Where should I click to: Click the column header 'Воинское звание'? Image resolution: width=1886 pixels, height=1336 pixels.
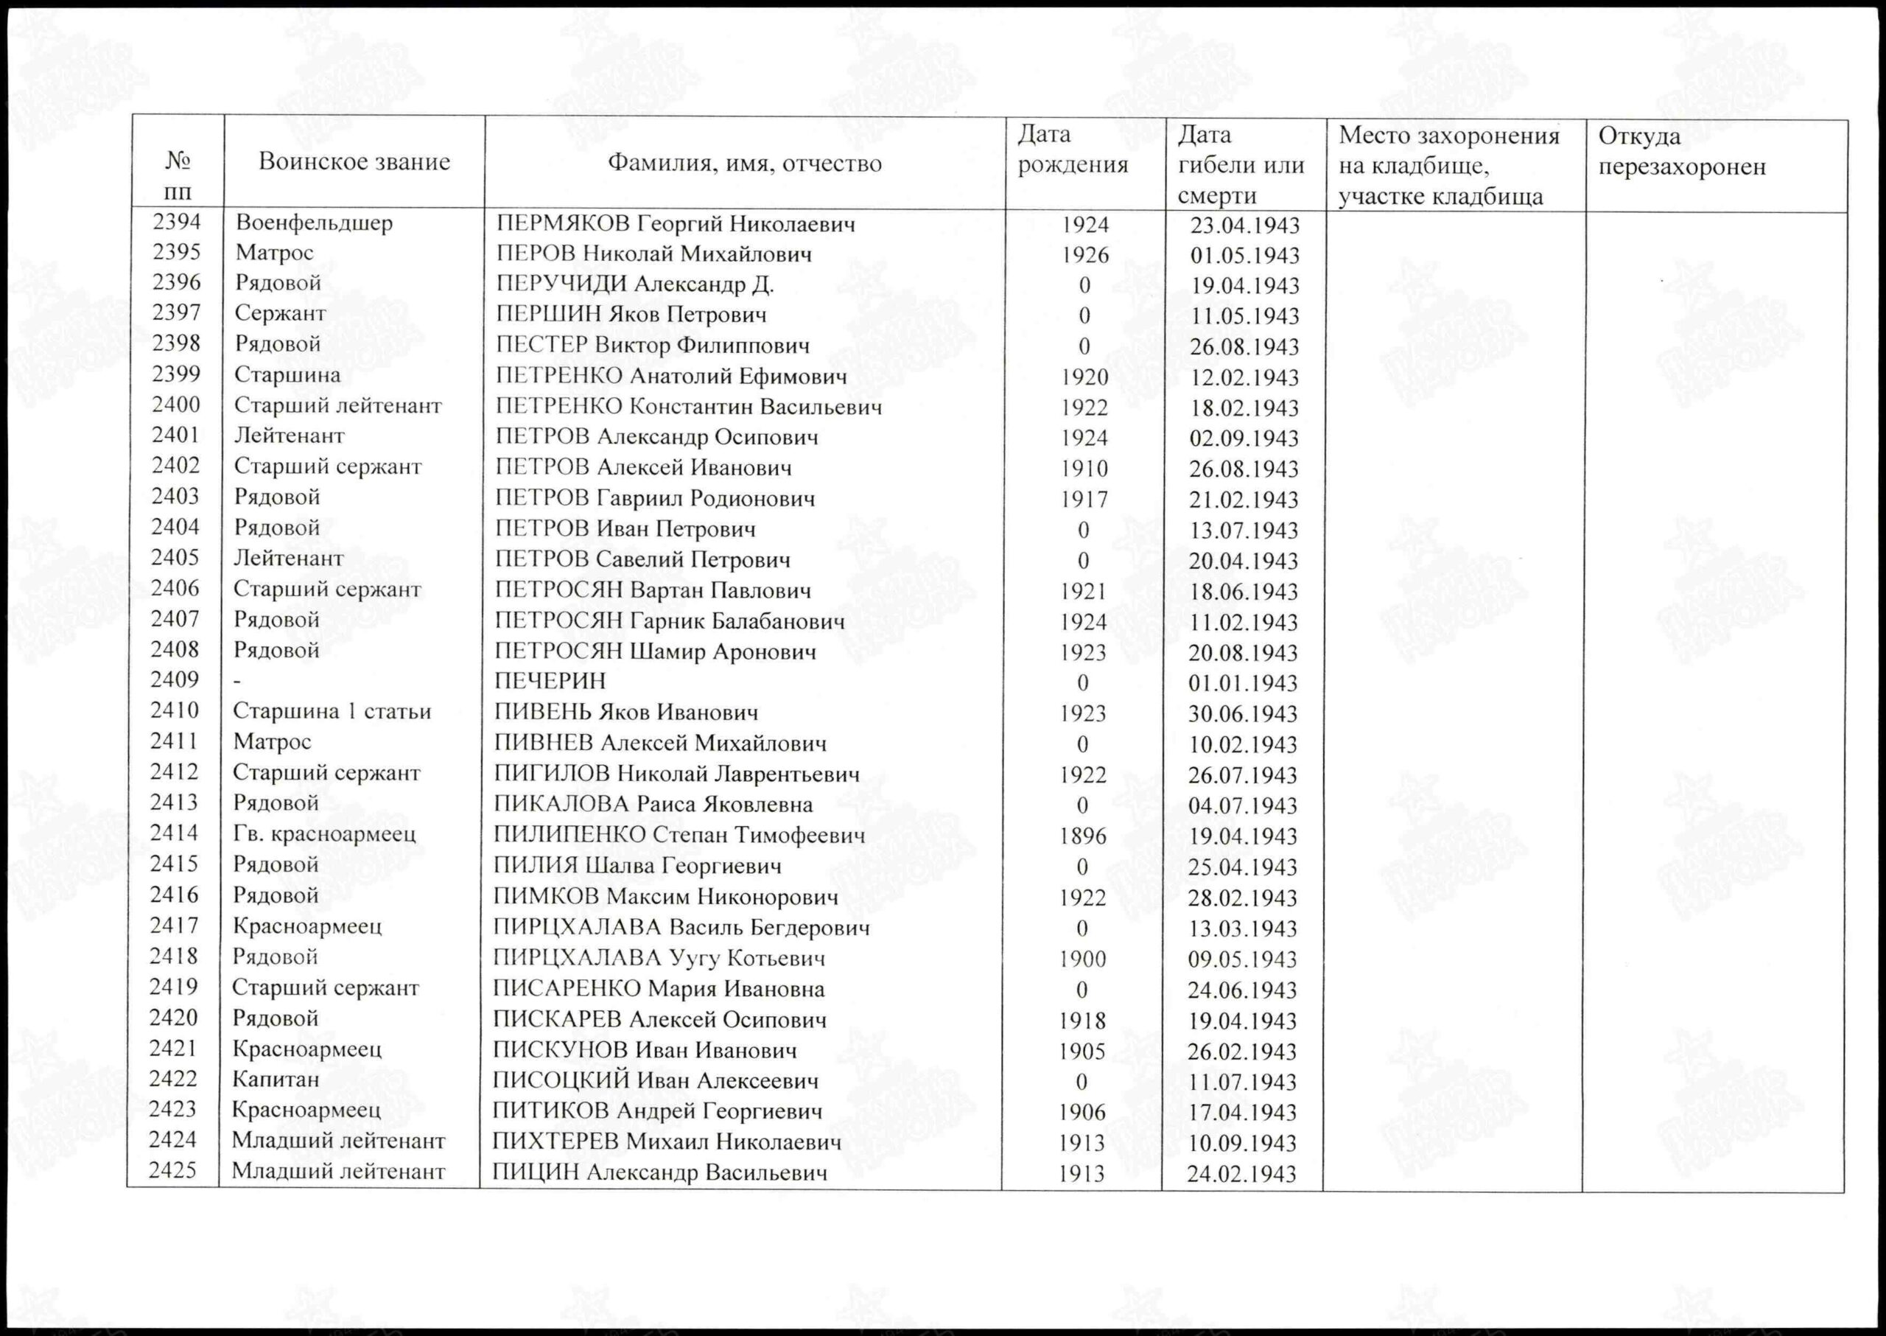tap(354, 162)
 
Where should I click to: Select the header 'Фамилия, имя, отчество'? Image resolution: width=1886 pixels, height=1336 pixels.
tap(744, 164)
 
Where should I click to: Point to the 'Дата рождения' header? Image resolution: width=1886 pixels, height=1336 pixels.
tap(1073, 150)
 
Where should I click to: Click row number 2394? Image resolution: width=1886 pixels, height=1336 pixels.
tap(177, 222)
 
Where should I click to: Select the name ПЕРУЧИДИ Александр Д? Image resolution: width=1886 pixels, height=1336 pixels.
tap(634, 284)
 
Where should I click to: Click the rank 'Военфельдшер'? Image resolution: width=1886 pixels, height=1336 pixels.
tap(313, 223)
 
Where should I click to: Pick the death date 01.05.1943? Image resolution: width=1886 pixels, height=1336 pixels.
tap(1244, 255)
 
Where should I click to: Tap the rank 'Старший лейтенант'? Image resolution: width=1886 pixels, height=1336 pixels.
tap(337, 405)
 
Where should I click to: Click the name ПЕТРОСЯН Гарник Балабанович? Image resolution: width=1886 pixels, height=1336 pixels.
tap(670, 621)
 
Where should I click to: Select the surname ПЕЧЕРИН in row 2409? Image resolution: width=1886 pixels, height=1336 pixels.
tap(550, 681)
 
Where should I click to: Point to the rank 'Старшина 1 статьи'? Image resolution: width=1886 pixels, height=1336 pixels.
tap(332, 712)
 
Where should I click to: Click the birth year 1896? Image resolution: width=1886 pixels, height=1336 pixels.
tap(1082, 836)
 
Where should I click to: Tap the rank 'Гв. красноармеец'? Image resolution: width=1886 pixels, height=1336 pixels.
tap(324, 834)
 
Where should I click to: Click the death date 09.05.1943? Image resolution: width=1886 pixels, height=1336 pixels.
tap(1242, 959)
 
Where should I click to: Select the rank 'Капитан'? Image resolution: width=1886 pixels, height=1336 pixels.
tap(275, 1080)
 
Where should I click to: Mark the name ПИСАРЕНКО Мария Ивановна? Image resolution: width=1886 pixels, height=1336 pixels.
tap(659, 989)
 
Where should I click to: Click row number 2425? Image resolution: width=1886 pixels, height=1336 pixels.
tap(172, 1171)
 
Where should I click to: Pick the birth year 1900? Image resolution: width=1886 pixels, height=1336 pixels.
tap(1082, 959)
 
